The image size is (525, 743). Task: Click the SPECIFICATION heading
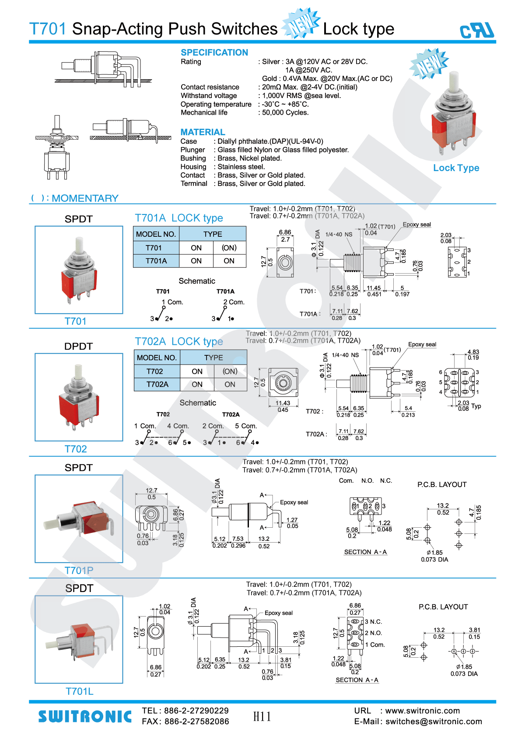[214, 53]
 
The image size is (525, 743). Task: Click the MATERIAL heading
[203, 132]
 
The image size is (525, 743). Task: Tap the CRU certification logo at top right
[477, 31]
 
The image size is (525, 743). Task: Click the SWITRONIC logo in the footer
[85, 717]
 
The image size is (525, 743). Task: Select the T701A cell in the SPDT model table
[156, 261]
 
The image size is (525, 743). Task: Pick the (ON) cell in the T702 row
[230, 371]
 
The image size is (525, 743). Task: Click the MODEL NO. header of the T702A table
[157, 357]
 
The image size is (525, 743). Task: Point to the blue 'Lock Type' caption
[456, 168]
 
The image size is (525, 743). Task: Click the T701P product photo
[79, 519]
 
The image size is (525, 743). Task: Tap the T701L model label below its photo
[79, 691]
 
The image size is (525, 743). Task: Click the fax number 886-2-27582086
[196, 722]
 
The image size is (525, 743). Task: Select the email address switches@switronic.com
[434, 722]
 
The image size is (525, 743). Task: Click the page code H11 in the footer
[262, 717]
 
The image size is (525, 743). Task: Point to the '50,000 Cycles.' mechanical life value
[285, 112]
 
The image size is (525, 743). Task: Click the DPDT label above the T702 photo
[78, 346]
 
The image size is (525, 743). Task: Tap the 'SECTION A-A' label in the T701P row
[365, 552]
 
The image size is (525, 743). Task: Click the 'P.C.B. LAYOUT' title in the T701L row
[443, 607]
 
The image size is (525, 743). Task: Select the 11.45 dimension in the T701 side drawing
[374, 288]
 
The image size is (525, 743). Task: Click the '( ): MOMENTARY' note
[75, 198]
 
